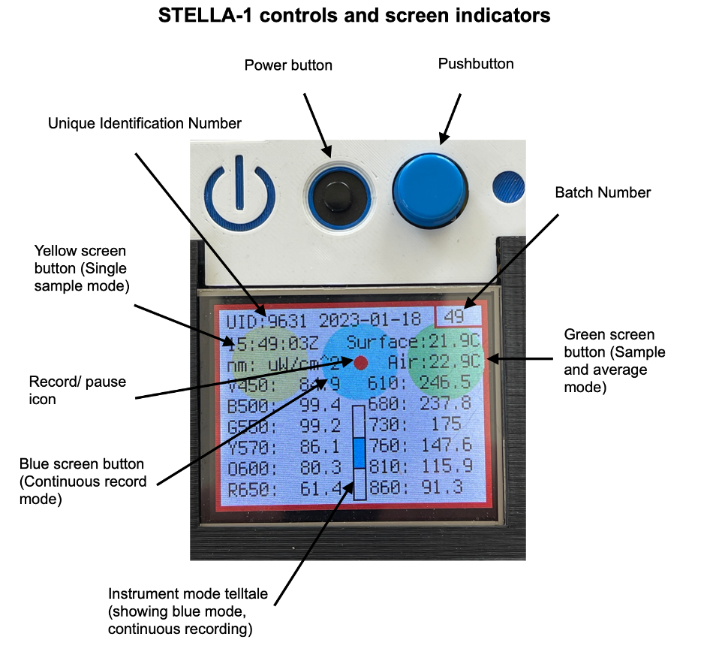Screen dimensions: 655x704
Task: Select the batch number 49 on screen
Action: pos(454,316)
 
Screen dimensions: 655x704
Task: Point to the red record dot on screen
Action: pos(361,363)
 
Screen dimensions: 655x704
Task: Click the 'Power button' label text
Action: pos(288,65)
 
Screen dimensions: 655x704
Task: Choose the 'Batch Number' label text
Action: pos(603,192)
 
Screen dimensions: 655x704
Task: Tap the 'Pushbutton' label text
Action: pos(476,64)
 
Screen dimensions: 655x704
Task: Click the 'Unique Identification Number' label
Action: pos(145,122)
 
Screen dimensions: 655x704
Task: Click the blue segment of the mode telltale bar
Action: pos(360,454)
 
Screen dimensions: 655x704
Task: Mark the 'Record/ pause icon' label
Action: pos(77,390)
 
